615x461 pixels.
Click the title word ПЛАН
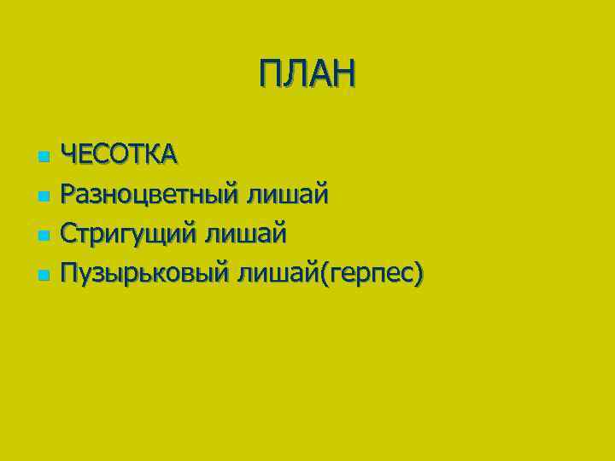[x=307, y=73]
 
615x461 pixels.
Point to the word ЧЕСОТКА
[x=120, y=155]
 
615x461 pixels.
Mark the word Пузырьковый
[x=146, y=274]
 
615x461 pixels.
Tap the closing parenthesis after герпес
[x=418, y=274]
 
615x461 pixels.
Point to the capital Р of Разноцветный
[x=73, y=195]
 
